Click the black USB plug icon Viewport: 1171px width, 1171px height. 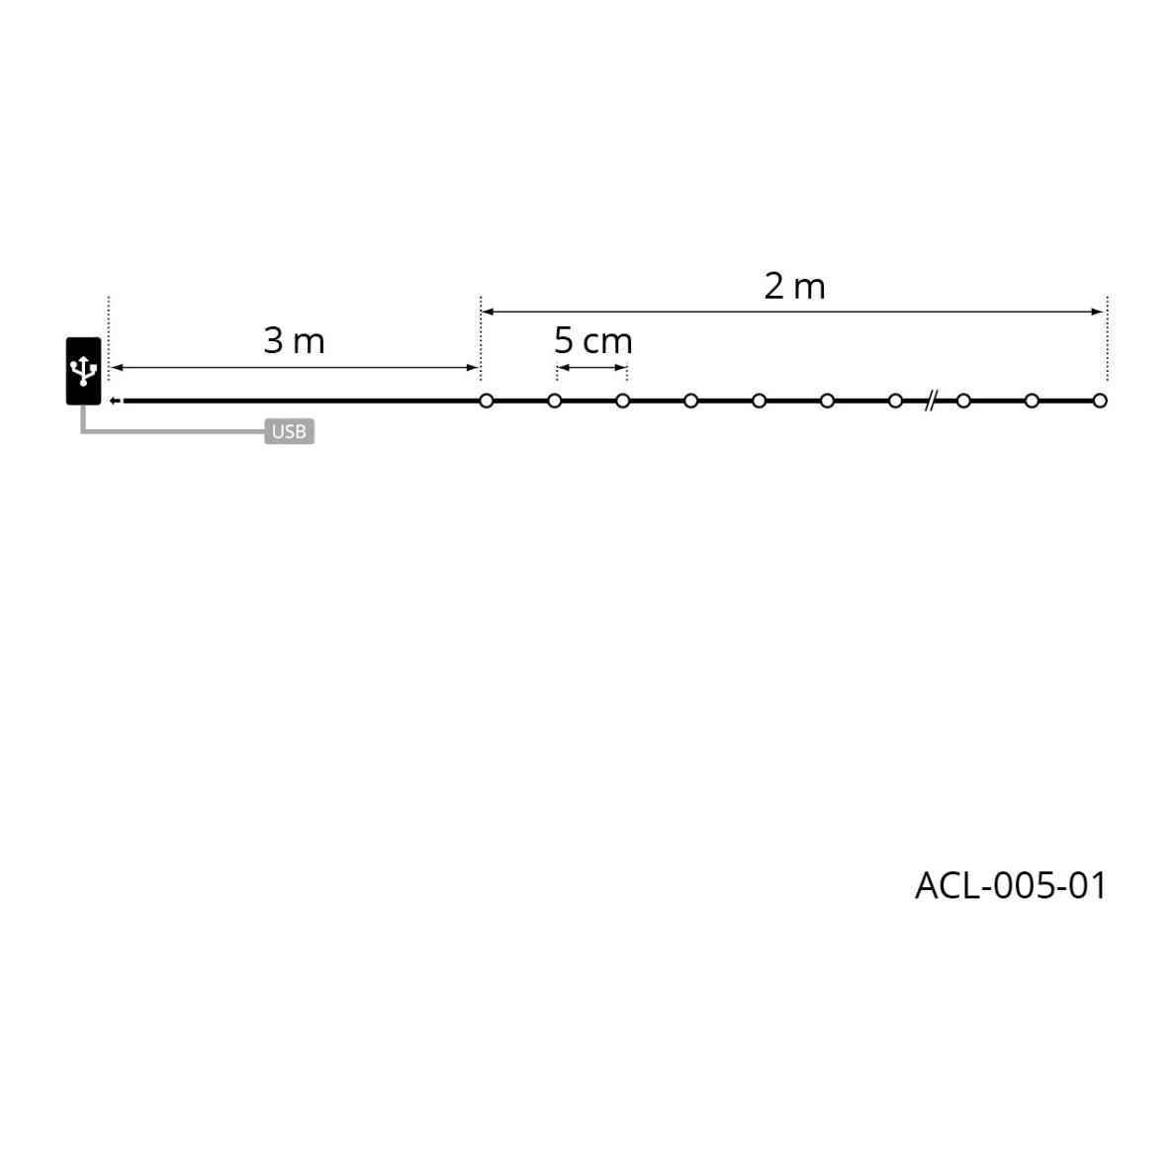click(84, 371)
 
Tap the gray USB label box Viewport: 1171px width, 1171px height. click(289, 431)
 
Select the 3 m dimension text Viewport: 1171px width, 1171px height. click(295, 341)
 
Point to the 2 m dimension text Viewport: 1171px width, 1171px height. click(794, 287)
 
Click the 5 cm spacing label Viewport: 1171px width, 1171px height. click(593, 341)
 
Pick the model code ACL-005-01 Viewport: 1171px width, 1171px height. click(1011, 886)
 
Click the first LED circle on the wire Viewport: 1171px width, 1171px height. click(487, 401)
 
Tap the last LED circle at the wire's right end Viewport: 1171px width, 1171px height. click(1100, 401)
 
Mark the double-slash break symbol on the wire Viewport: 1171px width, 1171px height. click(930, 401)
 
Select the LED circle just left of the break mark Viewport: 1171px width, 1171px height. click(895, 401)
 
